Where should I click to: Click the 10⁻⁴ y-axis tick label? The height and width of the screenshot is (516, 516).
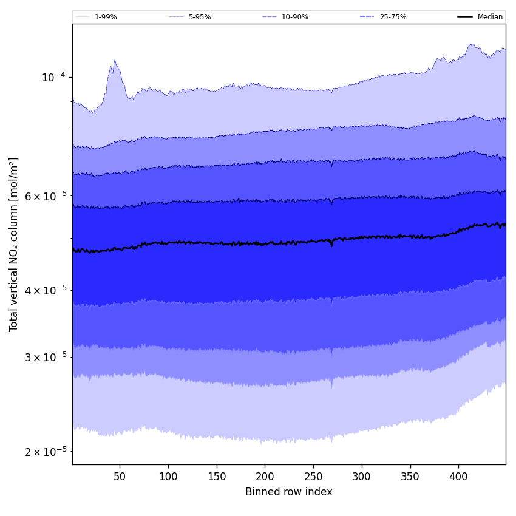[53, 77]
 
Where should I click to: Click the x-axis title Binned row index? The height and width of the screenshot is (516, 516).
[289, 492]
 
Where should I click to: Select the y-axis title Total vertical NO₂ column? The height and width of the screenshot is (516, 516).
[14, 244]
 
